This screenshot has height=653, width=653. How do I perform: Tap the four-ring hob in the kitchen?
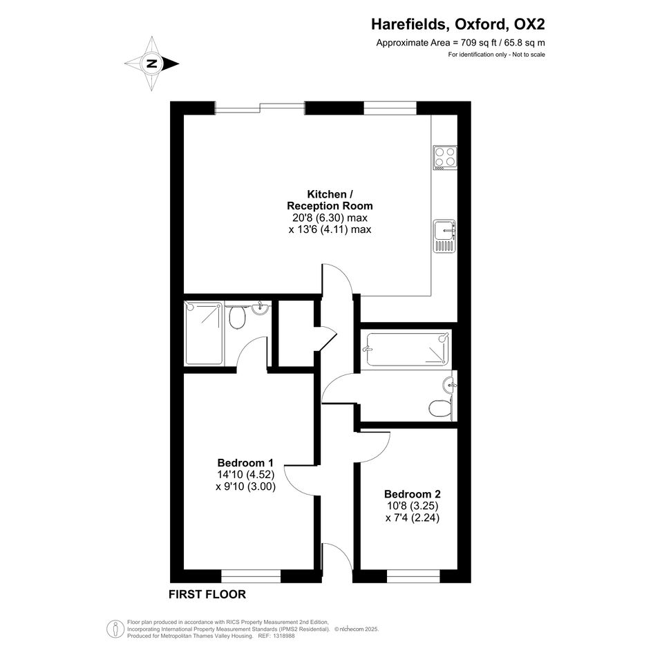(x=445, y=158)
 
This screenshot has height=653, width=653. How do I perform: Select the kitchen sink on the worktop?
(x=444, y=236)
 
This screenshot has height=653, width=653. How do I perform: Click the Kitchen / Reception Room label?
(x=330, y=200)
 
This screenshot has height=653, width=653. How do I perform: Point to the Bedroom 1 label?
(x=245, y=463)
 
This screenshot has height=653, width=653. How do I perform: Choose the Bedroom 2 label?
(x=413, y=494)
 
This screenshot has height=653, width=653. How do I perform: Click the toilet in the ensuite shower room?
(x=238, y=317)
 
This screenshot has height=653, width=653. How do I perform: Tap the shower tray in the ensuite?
(x=203, y=334)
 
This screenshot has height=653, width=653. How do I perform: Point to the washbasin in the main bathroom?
(x=450, y=384)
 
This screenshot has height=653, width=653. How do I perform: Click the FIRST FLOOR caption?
(x=207, y=594)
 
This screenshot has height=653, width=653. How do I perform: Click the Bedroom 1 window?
(x=251, y=576)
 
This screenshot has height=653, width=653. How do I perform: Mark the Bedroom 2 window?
(x=413, y=576)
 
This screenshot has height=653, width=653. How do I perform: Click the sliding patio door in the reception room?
(x=260, y=107)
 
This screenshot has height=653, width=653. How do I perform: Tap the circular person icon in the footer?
(x=115, y=629)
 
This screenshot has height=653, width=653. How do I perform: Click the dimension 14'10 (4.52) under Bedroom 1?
(x=246, y=474)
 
